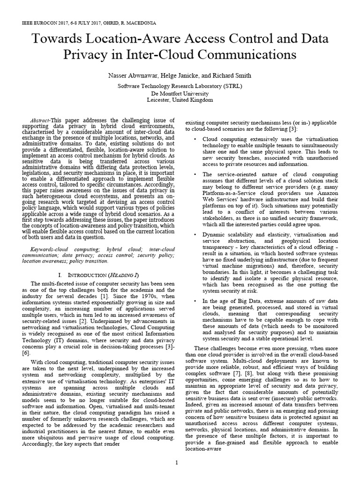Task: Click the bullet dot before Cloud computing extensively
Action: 195,139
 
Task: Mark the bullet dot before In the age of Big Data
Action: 195,301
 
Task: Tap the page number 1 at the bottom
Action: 177,464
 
